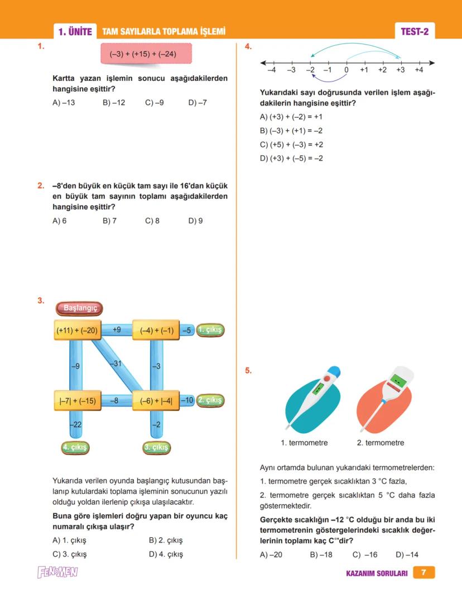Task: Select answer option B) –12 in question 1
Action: (x=114, y=103)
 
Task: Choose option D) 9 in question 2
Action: (x=195, y=221)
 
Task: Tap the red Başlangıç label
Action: (x=79, y=308)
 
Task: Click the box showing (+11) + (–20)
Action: (x=76, y=330)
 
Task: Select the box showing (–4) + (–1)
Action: (x=156, y=330)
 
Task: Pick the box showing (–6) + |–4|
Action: (x=156, y=400)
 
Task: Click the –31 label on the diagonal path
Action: (x=116, y=364)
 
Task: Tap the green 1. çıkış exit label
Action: (x=210, y=330)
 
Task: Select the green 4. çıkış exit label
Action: (x=75, y=447)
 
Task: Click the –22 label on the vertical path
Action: (x=76, y=425)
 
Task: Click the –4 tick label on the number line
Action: (x=271, y=70)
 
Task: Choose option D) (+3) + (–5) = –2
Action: (x=291, y=159)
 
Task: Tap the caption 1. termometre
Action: (x=304, y=443)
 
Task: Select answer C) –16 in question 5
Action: (x=365, y=555)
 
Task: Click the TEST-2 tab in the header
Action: (x=415, y=32)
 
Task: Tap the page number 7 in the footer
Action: (x=423, y=572)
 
